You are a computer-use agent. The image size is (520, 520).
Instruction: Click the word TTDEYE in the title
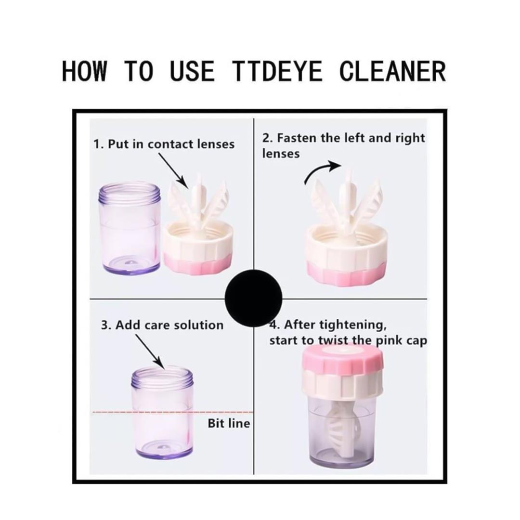pos(277,71)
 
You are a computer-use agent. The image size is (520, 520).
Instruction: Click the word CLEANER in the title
pos(392,71)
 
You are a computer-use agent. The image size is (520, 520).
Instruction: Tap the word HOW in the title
pos(84,71)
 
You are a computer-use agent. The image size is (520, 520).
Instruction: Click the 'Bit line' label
pos(229,423)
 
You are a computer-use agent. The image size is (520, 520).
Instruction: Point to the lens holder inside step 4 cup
pos(339,429)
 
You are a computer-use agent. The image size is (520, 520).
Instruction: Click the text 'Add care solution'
pos(162,325)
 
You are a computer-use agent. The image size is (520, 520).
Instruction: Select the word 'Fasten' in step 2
pos(297,138)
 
